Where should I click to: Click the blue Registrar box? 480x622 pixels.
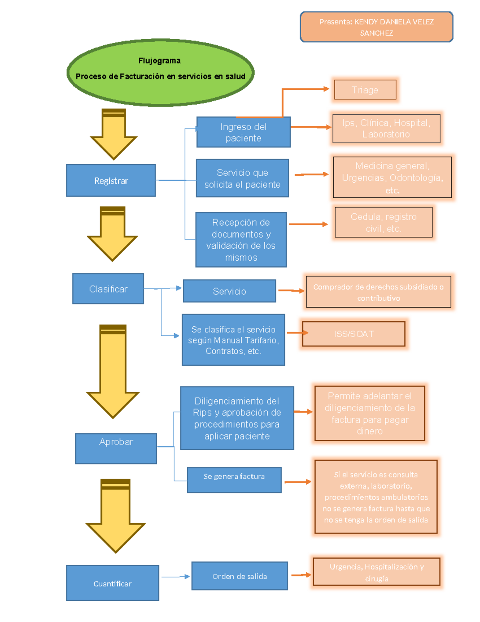click(111, 180)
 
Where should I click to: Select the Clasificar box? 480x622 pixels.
click(108, 289)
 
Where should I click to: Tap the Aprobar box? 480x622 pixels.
click(116, 448)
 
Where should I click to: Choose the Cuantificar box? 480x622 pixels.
click(112, 583)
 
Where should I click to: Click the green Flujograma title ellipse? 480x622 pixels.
click(160, 72)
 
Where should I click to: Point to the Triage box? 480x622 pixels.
click(365, 90)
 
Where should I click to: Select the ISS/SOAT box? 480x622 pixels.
click(354, 334)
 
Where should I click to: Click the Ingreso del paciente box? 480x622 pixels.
click(243, 132)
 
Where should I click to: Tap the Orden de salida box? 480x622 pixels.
click(239, 576)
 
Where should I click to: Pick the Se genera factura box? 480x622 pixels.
click(234, 480)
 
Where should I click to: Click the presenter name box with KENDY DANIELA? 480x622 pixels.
click(376, 27)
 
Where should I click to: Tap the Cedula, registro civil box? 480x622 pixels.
click(383, 222)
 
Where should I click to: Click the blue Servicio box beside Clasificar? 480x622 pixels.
click(229, 291)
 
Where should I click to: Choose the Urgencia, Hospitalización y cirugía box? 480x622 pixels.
click(376, 572)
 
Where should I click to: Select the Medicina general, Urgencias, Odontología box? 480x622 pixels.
click(392, 177)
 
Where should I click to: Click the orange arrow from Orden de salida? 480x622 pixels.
click(301, 575)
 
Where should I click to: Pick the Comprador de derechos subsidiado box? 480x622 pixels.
click(378, 292)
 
